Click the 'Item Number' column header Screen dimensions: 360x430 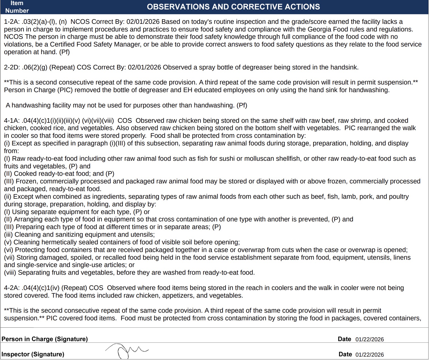(17, 7)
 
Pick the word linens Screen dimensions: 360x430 (401, 258)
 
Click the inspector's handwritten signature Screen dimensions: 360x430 (126, 351)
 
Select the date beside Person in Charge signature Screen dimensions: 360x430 (369, 339)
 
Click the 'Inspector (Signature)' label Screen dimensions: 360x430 (33, 354)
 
